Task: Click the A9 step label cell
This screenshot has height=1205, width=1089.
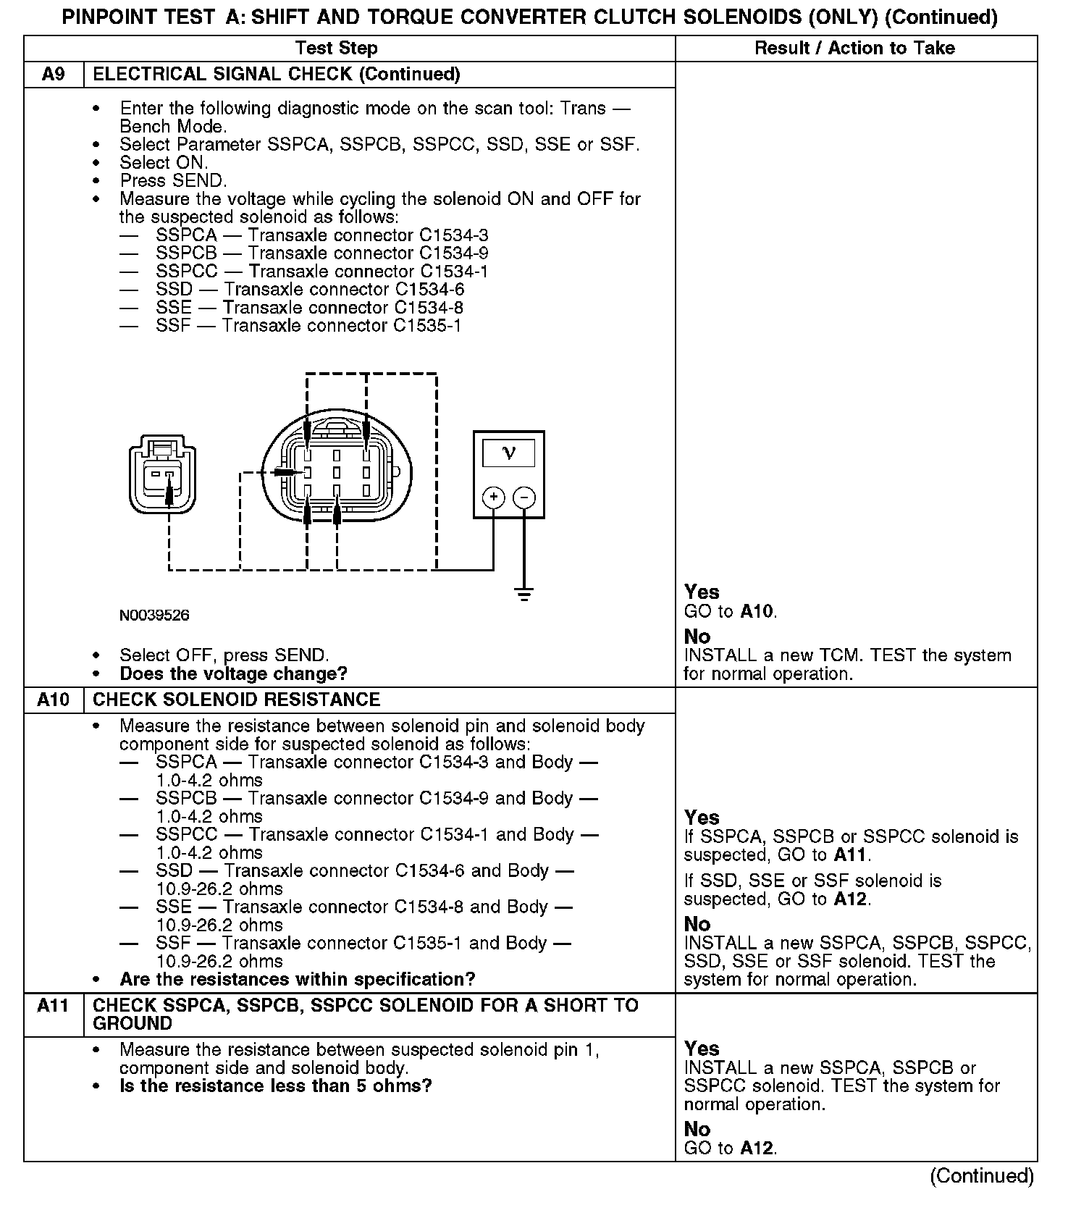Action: tap(54, 75)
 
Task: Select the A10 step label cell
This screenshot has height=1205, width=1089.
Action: tap(54, 700)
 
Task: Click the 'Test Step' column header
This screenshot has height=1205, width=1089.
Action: tap(336, 49)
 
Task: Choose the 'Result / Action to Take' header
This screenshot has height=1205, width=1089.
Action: tap(854, 49)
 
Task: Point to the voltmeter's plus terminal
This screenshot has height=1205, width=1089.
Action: tap(494, 497)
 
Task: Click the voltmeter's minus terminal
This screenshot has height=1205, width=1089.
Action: tap(524, 497)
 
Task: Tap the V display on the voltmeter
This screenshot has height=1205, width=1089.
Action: tap(508, 453)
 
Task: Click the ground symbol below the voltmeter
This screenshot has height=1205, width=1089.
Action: tap(524, 595)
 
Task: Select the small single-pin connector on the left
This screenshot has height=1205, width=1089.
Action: tap(163, 474)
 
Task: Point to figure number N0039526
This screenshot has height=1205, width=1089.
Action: tap(154, 616)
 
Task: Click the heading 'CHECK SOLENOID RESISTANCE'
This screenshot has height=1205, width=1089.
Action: tap(237, 700)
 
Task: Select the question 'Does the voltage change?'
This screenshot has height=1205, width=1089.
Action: tap(233, 674)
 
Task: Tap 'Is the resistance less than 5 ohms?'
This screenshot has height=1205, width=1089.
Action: tap(275, 1086)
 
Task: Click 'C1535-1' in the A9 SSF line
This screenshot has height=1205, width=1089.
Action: tap(427, 326)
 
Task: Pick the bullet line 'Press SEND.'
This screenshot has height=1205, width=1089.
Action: tap(173, 181)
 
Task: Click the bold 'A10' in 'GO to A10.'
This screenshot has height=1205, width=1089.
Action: tap(757, 612)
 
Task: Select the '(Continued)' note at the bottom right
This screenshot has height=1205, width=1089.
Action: tap(981, 1176)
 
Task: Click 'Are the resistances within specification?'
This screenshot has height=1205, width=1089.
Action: tap(297, 980)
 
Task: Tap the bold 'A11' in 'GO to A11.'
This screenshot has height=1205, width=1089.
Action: tap(849, 855)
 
